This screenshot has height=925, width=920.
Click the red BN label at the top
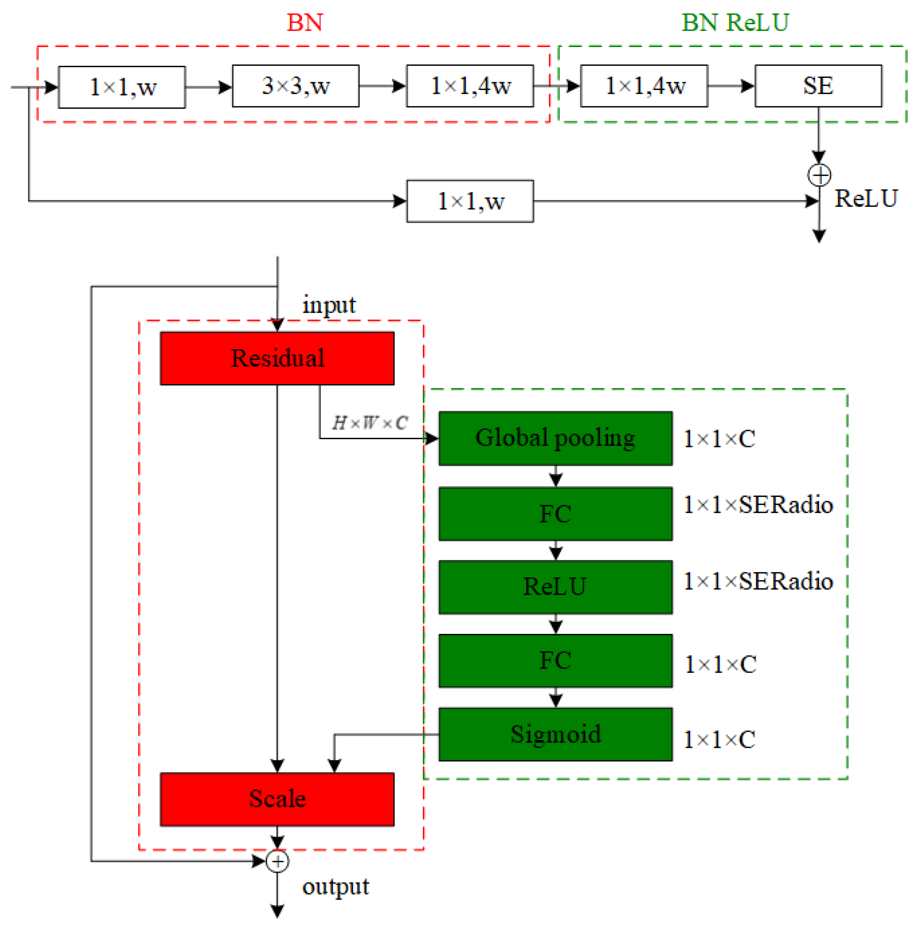tap(305, 22)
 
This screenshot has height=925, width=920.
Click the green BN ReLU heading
tap(735, 22)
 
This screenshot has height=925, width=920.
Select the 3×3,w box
tap(295, 86)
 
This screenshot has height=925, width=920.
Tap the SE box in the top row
tap(818, 86)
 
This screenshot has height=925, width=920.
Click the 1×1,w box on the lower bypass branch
tap(470, 201)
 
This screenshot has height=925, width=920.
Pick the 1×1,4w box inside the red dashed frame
tap(470, 86)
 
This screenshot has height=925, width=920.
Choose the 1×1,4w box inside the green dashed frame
tap(644, 86)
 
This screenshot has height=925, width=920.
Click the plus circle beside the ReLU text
tap(819, 175)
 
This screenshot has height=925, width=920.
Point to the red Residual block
tap(277, 358)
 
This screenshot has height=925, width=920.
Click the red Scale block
tap(277, 799)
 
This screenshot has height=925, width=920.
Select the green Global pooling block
tap(555, 438)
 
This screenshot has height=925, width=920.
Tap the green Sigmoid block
tap(555, 734)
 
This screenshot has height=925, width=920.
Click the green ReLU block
tap(555, 587)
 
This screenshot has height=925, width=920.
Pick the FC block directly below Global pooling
tap(555, 514)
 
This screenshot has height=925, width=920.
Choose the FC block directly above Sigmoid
tap(555, 661)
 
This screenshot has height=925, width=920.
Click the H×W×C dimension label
tap(370, 423)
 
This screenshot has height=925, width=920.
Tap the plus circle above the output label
tap(277, 861)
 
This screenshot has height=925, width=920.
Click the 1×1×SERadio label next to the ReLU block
tap(758, 581)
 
